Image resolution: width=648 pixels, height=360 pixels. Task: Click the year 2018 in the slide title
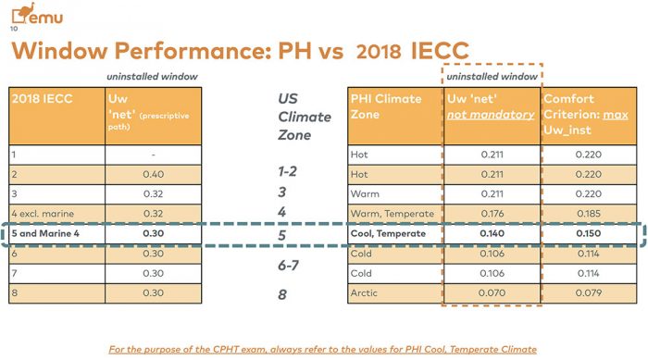[379, 52]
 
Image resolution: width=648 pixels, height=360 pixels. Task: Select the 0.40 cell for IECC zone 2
[154, 174]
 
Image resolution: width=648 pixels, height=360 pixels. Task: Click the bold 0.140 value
[492, 233]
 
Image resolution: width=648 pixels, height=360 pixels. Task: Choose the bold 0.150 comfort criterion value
[588, 233]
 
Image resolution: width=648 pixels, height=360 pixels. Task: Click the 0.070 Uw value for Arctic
[492, 293]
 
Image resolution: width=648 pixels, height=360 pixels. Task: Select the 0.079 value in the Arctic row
[588, 293]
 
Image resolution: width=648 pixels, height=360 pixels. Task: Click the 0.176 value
[492, 214]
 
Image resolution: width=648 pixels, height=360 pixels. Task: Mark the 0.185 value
[588, 214]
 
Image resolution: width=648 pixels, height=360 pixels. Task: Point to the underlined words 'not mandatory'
[491, 115]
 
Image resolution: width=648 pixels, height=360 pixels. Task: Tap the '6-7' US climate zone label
[288, 265]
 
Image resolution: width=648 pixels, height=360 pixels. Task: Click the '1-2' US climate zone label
[287, 171]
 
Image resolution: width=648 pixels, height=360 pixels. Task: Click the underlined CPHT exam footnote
[323, 350]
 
